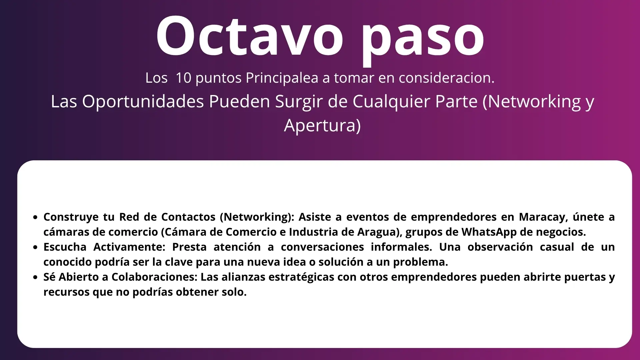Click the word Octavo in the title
click(x=249, y=36)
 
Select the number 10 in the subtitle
click(x=183, y=78)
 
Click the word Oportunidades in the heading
click(x=143, y=102)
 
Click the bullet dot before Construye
click(x=36, y=218)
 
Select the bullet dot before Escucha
click(x=36, y=248)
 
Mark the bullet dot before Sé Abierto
click(x=36, y=278)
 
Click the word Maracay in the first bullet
click(x=543, y=217)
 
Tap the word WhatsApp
click(x=489, y=232)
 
